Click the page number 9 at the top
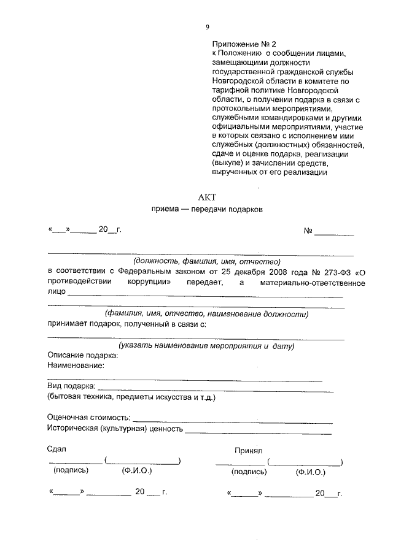[208, 26]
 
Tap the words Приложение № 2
[245, 44]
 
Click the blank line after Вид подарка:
[215, 391]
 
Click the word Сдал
[56, 449]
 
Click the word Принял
[248, 451]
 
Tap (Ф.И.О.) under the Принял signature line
[310, 473]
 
